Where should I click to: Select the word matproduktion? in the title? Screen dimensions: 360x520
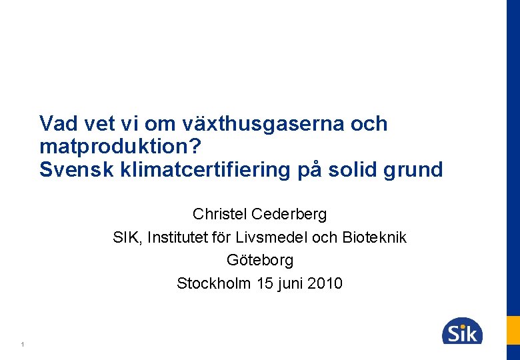click(120, 147)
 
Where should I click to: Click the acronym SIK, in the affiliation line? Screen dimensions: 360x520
click(128, 237)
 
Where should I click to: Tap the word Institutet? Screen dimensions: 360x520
click(178, 237)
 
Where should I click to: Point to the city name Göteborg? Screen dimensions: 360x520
click(260, 260)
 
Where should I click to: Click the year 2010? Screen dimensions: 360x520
click(326, 283)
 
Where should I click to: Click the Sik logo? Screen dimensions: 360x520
click(461, 331)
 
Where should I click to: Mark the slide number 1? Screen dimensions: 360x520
click(23, 345)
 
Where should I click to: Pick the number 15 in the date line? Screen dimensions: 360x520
click(265, 283)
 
